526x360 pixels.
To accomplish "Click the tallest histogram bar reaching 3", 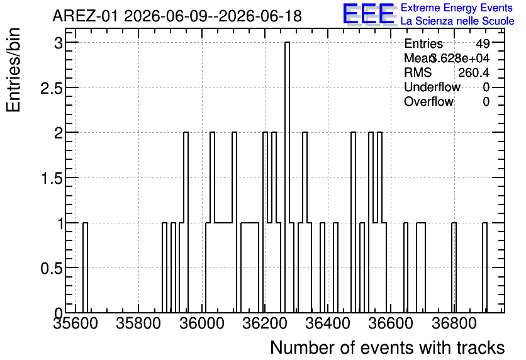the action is (287, 177).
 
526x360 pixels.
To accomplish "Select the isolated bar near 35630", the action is (85, 267).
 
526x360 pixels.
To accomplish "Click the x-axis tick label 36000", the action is (202, 323).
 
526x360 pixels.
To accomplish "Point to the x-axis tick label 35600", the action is (76, 323).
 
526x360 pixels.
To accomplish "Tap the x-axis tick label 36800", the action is (454, 323).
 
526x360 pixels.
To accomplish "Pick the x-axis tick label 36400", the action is (328, 323).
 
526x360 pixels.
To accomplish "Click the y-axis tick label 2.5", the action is (52, 88).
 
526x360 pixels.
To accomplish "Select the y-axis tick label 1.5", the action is (52, 179).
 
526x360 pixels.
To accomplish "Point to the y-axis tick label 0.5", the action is (52, 268).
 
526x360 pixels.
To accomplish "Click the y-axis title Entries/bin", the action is (13, 70).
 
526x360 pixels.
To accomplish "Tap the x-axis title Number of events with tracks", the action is (388, 347).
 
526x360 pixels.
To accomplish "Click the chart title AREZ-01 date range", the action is (177, 16).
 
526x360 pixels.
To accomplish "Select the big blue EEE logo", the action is (369, 14).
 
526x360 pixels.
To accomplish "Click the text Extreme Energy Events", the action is (457, 8).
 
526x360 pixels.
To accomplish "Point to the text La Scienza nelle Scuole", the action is (457, 21).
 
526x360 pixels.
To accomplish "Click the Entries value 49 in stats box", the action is (483, 43).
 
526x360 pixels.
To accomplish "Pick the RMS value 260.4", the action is (474, 72).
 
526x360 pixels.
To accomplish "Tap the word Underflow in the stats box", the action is (432, 87).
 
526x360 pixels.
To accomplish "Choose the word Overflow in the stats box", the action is (428, 101).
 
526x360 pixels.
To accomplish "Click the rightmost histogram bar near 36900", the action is (484, 267).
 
